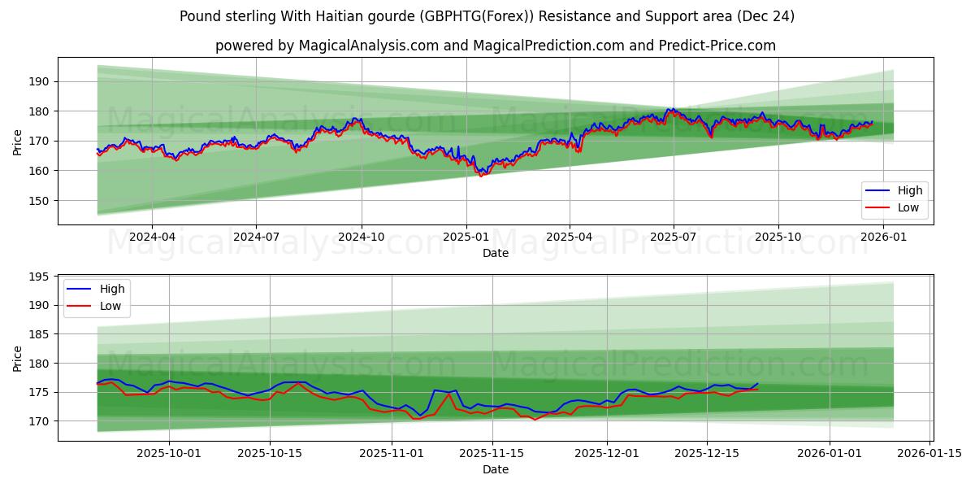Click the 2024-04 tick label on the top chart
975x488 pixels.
pos(152,237)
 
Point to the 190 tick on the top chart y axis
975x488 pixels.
pos(39,81)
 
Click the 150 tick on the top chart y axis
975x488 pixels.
pos(39,201)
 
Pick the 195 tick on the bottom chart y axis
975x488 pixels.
pos(39,277)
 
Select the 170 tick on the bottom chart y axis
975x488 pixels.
pos(39,421)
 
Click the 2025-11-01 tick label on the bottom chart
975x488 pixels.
pos(392,454)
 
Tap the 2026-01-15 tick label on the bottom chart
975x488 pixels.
pos(927,454)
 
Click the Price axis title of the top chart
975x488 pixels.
pos(18,142)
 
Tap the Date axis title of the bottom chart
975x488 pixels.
pos(496,469)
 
